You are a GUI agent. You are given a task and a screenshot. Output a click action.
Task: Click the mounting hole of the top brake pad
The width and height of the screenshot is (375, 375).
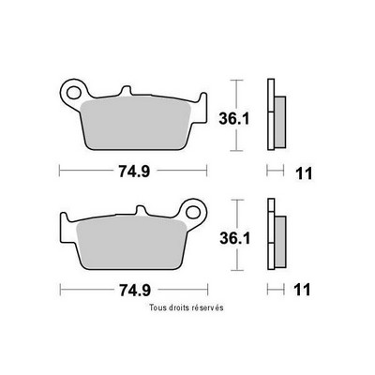[x=73, y=92]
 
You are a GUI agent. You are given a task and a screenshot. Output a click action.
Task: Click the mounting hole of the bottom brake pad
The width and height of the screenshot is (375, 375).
[x=193, y=212]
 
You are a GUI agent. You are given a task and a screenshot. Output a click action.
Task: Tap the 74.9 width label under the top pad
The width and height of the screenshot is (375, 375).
[x=134, y=172]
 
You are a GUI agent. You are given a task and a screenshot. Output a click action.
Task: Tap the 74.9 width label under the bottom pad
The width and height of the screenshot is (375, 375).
[x=135, y=291]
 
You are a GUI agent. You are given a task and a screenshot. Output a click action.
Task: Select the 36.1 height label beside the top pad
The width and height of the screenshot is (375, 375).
[x=234, y=119]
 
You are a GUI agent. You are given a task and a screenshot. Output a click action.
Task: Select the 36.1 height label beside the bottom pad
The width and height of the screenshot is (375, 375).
[x=235, y=239]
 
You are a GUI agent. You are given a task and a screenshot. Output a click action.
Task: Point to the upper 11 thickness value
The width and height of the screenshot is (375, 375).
[x=304, y=173]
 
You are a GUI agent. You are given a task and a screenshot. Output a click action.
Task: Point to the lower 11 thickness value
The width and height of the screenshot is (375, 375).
[x=302, y=290]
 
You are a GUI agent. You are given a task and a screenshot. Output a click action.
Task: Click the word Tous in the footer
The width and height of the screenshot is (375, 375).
[x=157, y=307]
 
